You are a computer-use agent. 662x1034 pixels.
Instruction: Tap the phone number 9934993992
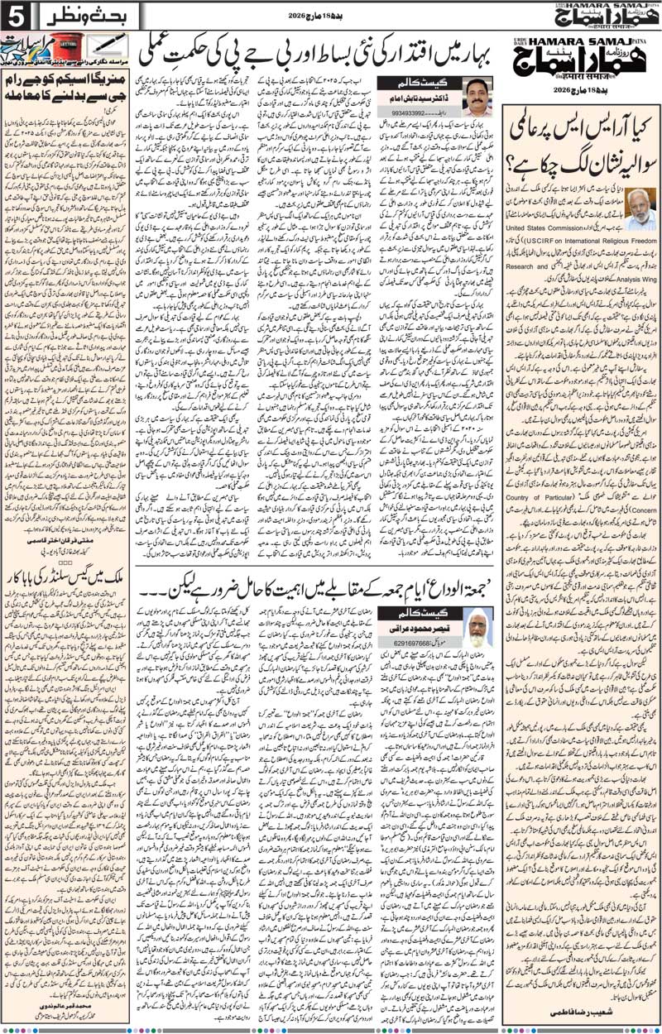click(x=410, y=113)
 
